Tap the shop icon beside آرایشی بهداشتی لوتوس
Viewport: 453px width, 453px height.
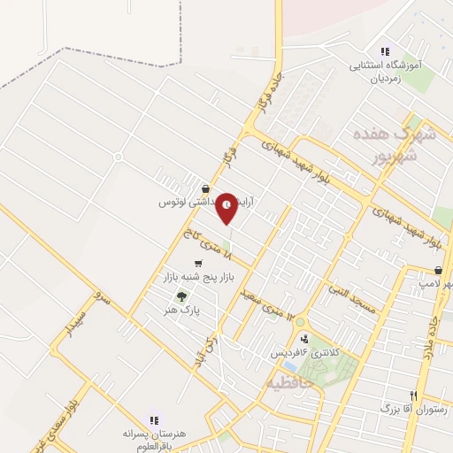click(205, 189)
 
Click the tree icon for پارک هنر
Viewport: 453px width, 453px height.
click(181, 297)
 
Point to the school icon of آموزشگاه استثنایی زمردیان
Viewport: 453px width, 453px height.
click(384, 52)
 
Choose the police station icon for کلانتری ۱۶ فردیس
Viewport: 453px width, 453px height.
click(304, 337)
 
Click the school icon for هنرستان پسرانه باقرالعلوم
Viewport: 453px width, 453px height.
click(152, 420)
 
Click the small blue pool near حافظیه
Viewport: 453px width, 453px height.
click(290, 365)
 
